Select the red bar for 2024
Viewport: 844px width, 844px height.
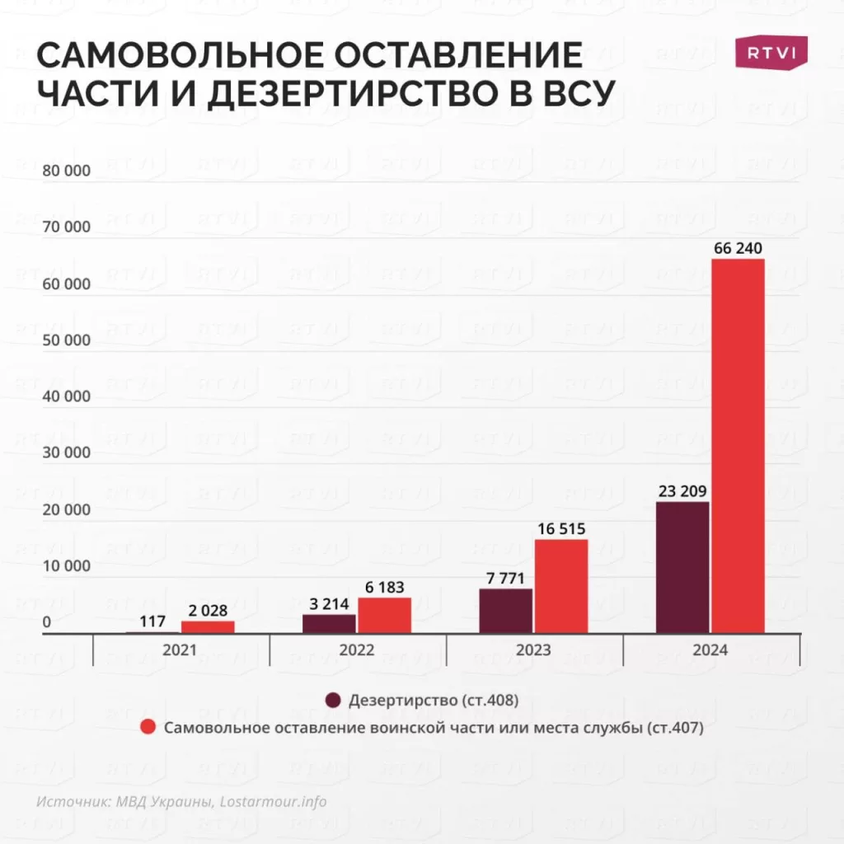click(738, 445)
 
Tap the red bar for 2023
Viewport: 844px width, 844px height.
click(561, 586)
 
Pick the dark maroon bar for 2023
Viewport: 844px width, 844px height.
click(505, 611)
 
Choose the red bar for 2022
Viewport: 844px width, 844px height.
click(384, 615)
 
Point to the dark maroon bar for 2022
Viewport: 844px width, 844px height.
click(329, 624)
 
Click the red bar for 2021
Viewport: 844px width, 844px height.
click(208, 627)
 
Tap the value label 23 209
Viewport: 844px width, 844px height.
click(682, 491)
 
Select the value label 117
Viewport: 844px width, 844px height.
click(153, 621)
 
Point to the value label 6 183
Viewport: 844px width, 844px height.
click(385, 587)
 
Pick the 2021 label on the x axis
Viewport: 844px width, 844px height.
click(180, 650)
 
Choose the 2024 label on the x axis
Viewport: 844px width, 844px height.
click(710, 650)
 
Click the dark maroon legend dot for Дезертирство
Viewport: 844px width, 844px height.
click(333, 701)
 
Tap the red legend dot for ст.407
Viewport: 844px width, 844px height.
click(148, 728)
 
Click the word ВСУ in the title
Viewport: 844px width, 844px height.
click(563, 94)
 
